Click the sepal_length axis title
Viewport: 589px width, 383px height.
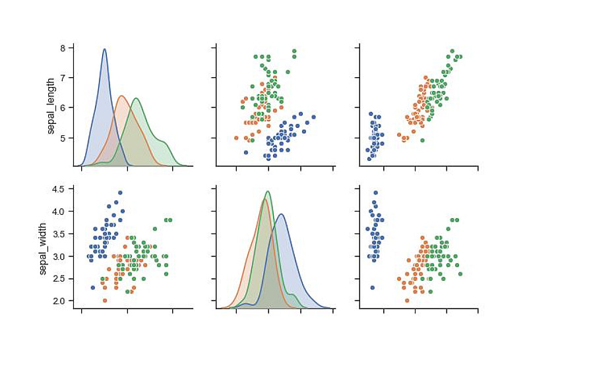(51, 107)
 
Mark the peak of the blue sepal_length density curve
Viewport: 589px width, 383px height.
(104, 49)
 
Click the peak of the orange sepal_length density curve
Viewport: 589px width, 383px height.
(121, 96)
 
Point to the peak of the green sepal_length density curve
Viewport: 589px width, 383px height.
(136, 98)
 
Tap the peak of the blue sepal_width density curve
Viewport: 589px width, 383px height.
(282, 214)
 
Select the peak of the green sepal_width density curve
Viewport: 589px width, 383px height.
(267, 192)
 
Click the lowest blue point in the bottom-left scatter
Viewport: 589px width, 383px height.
(93, 287)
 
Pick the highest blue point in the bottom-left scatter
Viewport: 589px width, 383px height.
(120, 193)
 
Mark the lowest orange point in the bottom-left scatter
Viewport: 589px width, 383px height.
(105, 301)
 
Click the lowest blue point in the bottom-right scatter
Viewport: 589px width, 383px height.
(373, 287)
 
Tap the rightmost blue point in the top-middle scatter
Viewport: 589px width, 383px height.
(313, 117)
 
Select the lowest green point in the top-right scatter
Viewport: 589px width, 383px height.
(422, 140)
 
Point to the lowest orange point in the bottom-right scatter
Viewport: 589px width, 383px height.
(407, 301)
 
